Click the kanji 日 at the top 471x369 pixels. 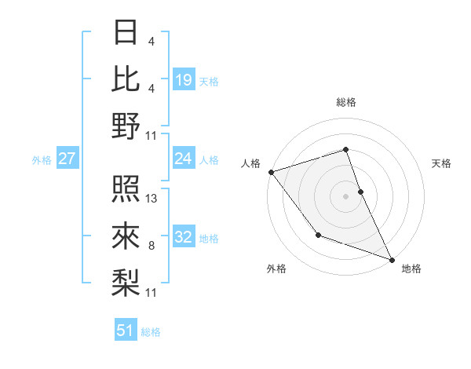pyautogui.click(x=126, y=33)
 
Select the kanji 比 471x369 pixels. pyautogui.click(x=126, y=79)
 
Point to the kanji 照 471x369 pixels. pyautogui.click(x=126, y=189)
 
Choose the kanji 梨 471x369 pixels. pyautogui.click(x=126, y=281)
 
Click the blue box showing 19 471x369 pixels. pyautogui.click(x=184, y=79)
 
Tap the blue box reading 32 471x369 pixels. pyautogui.click(x=184, y=237)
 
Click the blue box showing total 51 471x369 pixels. pyautogui.click(x=126, y=331)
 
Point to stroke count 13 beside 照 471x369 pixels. pyautogui.click(x=152, y=199)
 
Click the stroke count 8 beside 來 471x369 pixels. pyautogui.click(x=151, y=246)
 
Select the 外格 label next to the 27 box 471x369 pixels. pyautogui.click(x=42, y=160)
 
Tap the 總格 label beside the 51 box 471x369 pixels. pyautogui.click(x=151, y=332)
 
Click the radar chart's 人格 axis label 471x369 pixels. pyautogui.click(x=251, y=163)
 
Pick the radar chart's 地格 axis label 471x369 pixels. pyautogui.click(x=411, y=269)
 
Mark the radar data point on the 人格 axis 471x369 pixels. pyautogui.click(x=271, y=171)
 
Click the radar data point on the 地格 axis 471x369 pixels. pyautogui.click(x=392, y=259)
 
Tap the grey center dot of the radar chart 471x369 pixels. pyautogui.click(x=345, y=195)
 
